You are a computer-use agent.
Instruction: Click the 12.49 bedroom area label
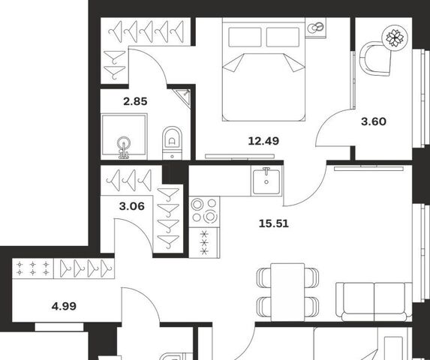pyautogui.click(x=263, y=141)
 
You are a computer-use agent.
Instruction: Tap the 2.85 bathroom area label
pyautogui.click(x=135, y=102)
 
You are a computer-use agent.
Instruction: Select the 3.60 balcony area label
pyautogui.click(x=374, y=121)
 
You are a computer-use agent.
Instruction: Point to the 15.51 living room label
pyautogui.click(x=274, y=223)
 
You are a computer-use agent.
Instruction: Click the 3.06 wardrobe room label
pyautogui.click(x=131, y=206)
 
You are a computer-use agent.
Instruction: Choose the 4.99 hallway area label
pyautogui.click(x=64, y=306)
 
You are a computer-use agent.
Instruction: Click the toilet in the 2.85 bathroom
pyautogui.click(x=172, y=142)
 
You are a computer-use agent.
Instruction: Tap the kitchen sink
pyautogui.click(x=266, y=181)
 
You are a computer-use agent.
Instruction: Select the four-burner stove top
pyautogui.click(x=204, y=211)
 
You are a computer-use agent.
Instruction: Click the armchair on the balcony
pyautogui.click(x=375, y=58)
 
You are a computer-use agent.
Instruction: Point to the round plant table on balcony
pyautogui.click(x=395, y=37)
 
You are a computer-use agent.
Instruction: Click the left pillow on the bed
pyautogui.click(x=245, y=37)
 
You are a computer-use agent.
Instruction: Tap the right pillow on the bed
pyautogui.click(x=283, y=37)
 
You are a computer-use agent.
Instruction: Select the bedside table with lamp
pyautogui.click(x=315, y=28)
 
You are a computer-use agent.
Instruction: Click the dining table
pyautogui.click(x=287, y=292)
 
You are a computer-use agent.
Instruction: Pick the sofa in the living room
pyautogui.click(x=374, y=301)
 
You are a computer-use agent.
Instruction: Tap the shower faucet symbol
pyautogui.click(x=124, y=148)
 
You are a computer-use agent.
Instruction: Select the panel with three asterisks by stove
pyautogui.click(x=204, y=243)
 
